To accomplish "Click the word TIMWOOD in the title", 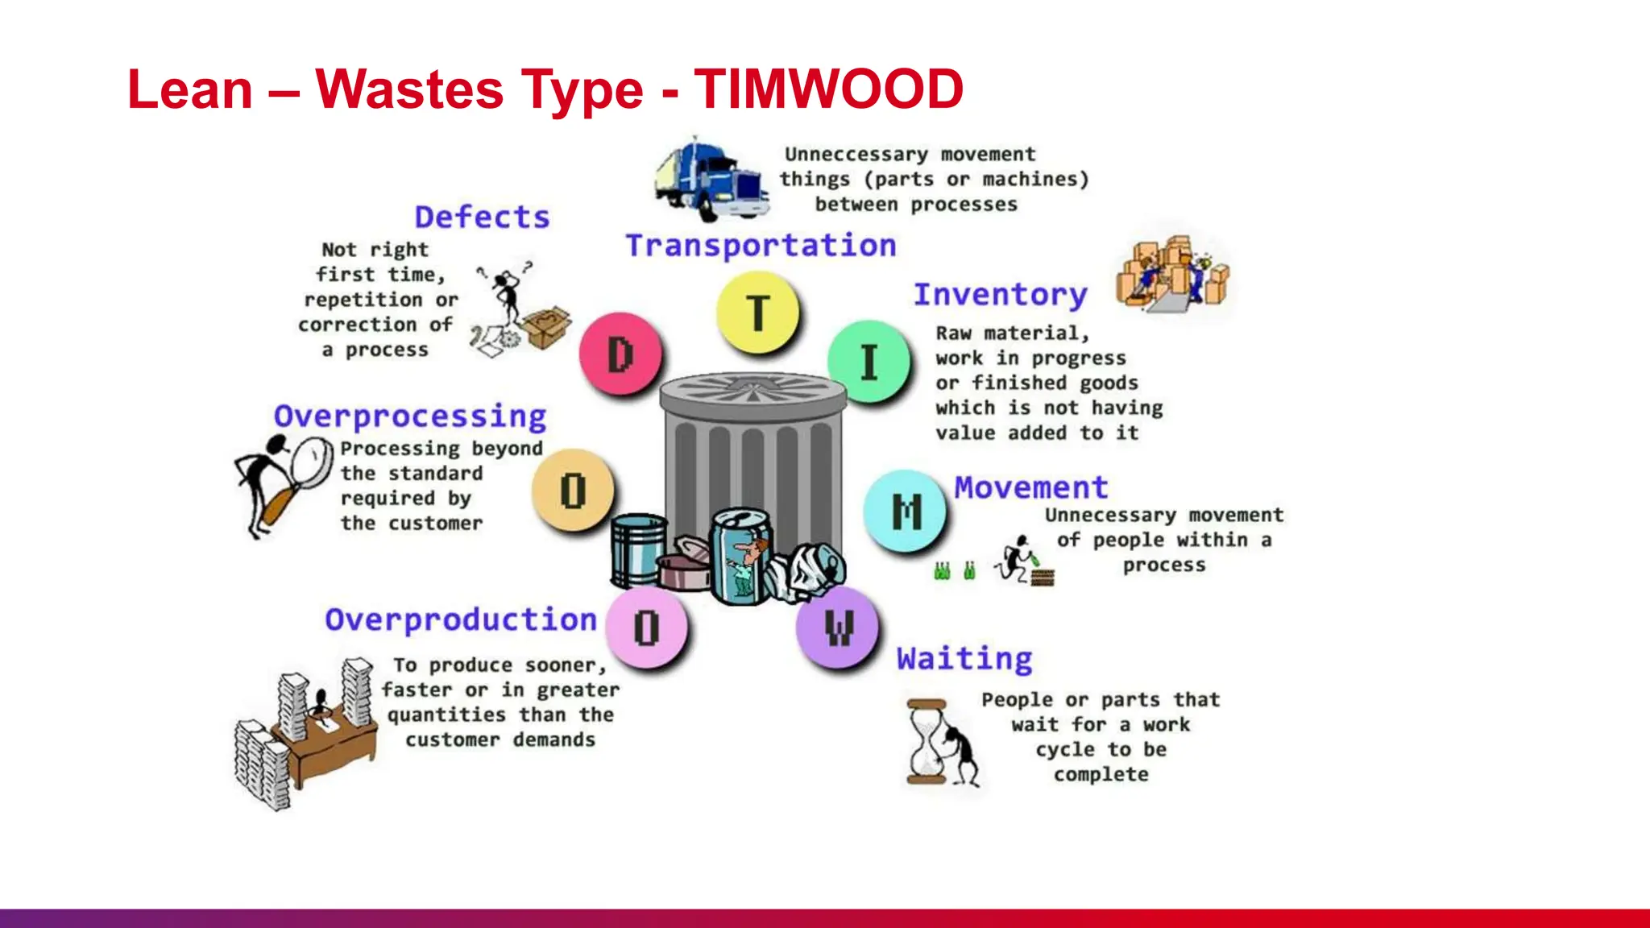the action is tap(829, 89).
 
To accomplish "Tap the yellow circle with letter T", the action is tap(758, 313).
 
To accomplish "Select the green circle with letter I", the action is tap(869, 362).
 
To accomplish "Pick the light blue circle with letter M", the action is tap(906, 511).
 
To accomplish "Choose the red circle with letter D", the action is tap(620, 354).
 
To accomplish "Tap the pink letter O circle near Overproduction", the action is tap(646, 628).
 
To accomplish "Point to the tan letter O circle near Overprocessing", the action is tap(573, 490).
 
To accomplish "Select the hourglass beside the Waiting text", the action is tap(927, 741).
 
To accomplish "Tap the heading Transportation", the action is tap(761, 246).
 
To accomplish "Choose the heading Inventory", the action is tap(1001, 295).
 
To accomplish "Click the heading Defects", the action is tap(482, 217).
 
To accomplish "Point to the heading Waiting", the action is tap(964, 659).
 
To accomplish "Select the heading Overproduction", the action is tap(461, 619).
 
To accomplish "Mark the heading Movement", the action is tap(1031, 487).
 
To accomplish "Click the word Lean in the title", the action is tap(190, 89).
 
